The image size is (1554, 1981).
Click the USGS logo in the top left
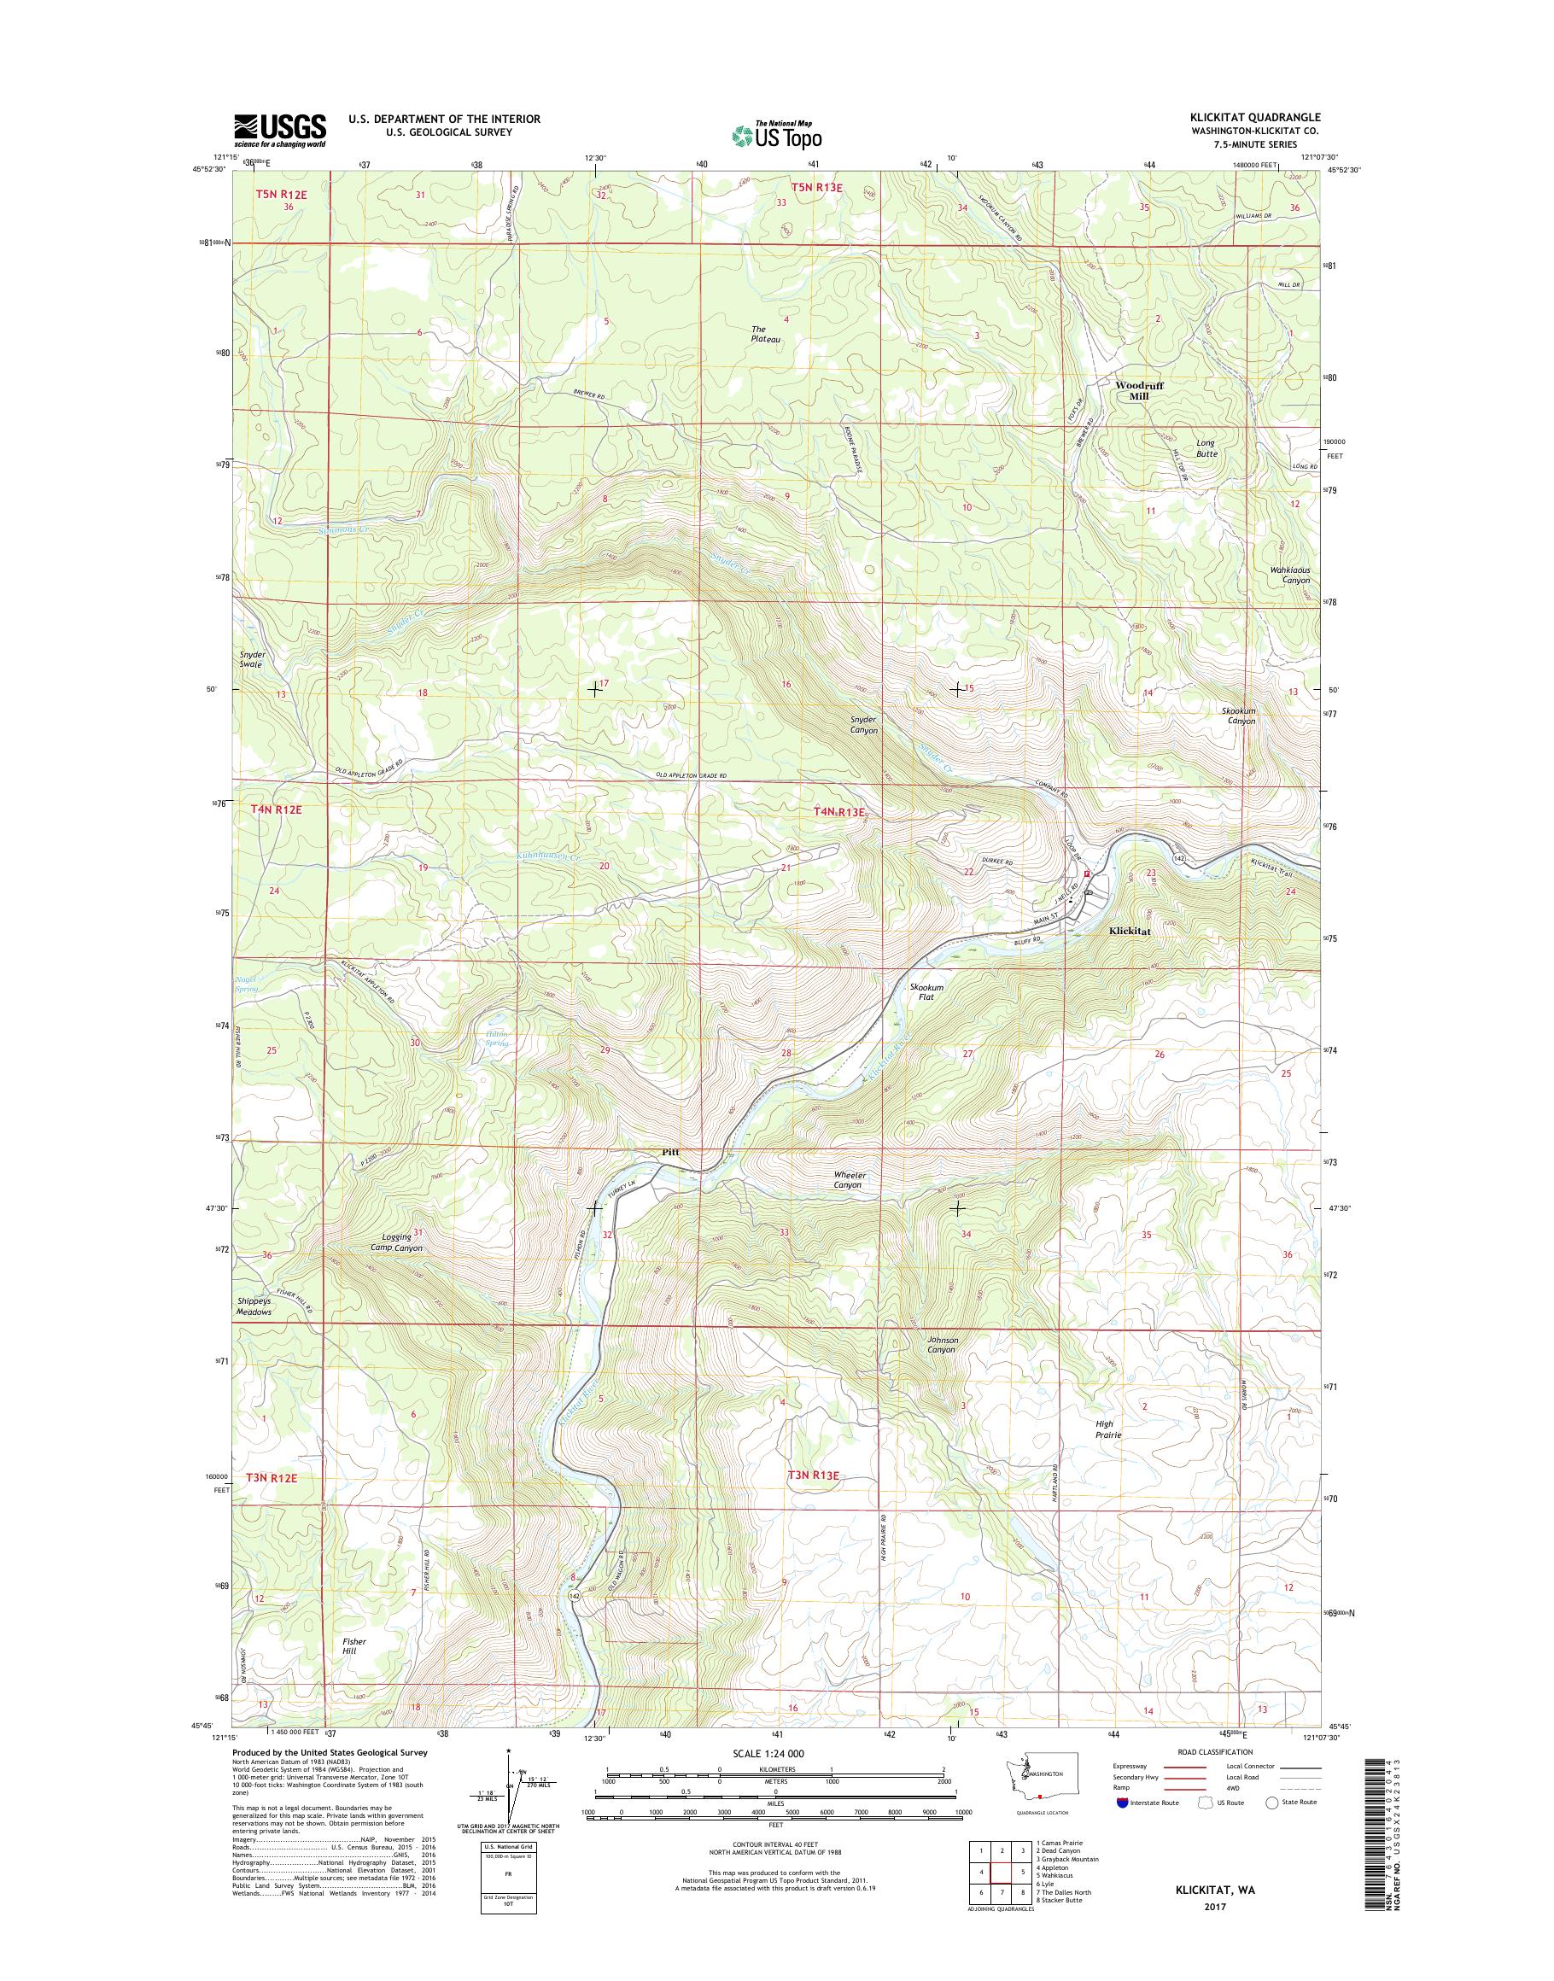pos(279,131)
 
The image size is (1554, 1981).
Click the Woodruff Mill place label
pos(1139,390)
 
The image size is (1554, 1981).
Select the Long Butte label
pos(1205,447)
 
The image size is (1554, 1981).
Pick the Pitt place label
pos(669,1151)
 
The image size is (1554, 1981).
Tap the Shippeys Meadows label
pos(254,1306)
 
